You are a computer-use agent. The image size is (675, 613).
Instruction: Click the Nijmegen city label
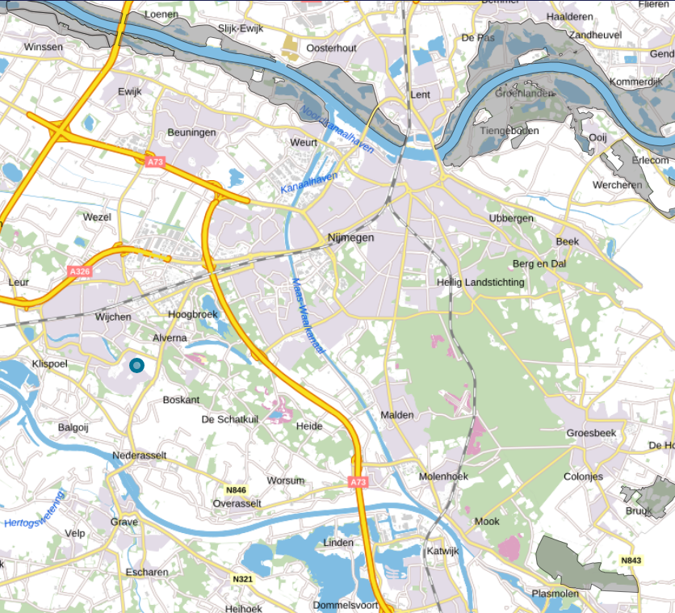pos(351,237)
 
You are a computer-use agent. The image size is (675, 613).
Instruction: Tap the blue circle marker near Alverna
pos(137,366)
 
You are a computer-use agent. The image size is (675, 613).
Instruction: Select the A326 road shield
pos(80,272)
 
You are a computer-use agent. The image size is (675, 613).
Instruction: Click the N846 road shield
pos(236,490)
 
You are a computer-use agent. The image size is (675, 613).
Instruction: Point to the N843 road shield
pos(631,561)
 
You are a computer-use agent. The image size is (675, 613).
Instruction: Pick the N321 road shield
pos(242,579)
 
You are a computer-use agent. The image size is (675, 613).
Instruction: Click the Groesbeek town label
pos(591,433)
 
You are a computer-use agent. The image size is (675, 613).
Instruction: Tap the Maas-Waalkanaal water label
pos(308,316)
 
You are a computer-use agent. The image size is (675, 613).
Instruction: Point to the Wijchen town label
pos(113,317)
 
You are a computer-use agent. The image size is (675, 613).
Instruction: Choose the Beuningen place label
pos(191,132)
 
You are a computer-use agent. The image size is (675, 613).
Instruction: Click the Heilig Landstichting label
pos(480,282)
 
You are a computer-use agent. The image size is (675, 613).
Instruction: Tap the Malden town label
pos(397,414)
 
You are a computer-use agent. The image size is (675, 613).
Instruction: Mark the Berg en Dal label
pos(539,264)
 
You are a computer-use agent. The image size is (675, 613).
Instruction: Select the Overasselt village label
pos(237,502)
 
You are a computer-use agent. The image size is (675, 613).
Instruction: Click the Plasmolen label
pos(555,594)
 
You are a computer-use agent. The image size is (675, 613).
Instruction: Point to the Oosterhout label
pos(331,48)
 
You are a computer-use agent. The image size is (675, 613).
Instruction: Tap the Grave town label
pos(124,522)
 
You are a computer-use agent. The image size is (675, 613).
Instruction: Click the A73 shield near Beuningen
pos(156,162)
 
